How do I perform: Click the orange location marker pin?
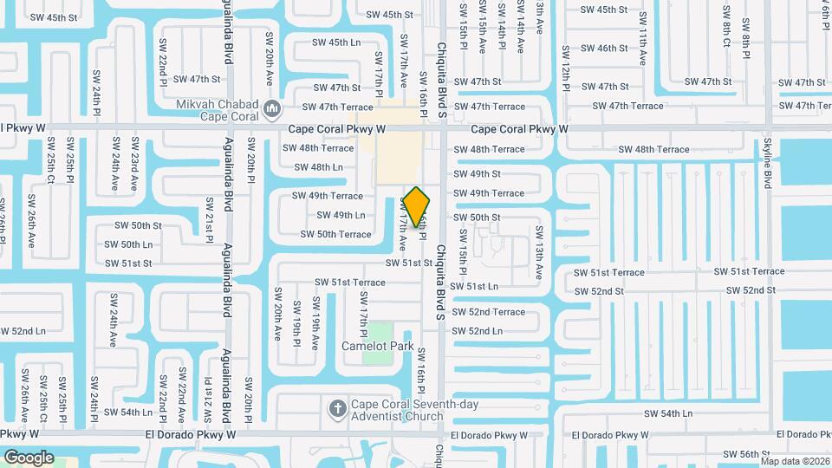[x=417, y=206]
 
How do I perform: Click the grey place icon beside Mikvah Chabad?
[x=272, y=109]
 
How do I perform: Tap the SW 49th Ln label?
[x=341, y=215]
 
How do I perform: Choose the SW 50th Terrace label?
[x=335, y=234]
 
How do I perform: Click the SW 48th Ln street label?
[x=314, y=167]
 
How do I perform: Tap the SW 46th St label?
[x=607, y=49]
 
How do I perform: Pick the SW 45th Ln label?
[x=336, y=42]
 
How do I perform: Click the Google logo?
[x=29, y=458]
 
